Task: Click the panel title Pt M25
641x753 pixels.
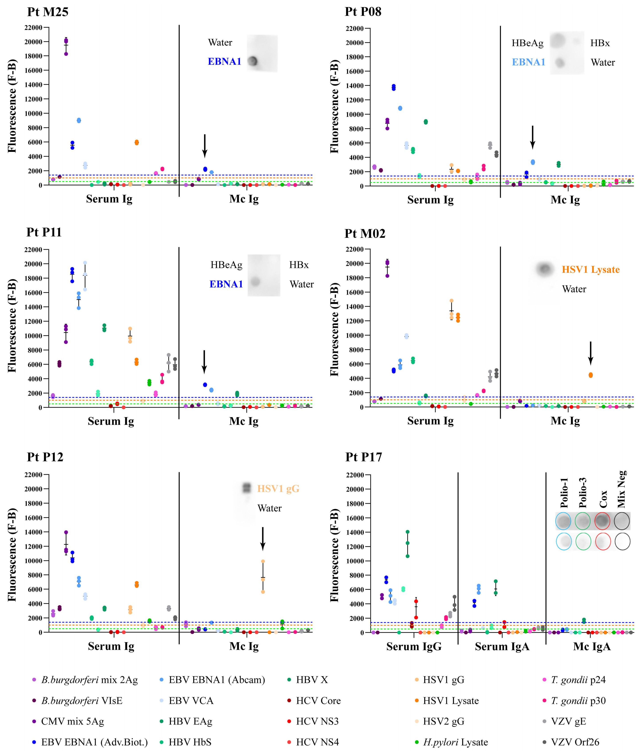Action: (48, 12)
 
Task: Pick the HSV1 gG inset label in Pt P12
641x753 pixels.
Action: (278, 489)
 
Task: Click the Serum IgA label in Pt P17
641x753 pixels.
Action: (502, 647)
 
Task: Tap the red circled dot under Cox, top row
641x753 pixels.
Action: (602, 521)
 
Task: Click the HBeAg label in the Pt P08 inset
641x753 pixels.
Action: (527, 43)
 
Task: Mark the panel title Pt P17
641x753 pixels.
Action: (363, 457)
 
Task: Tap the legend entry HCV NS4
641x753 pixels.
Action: (317, 742)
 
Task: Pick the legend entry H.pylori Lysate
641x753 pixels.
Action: (455, 742)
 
